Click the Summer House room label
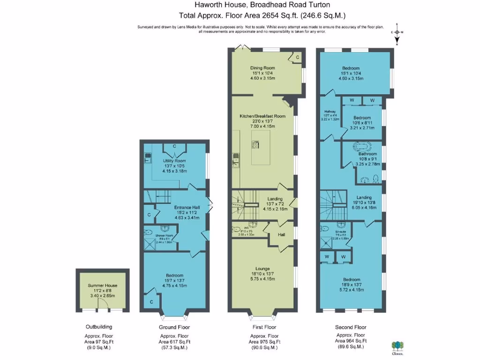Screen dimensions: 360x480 pyautogui.click(x=103, y=285)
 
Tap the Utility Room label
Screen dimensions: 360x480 pyautogui.click(x=174, y=160)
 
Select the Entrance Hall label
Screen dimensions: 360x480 pyautogui.click(x=174, y=207)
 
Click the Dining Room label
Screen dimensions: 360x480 pyautogui.click(x=262, y=68)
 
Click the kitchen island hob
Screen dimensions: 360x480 pyautogui.click(x=256, y=144)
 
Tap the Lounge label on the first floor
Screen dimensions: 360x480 pyautogui.click(x=262, y=269)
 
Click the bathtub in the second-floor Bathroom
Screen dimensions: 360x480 pyautogui.click(x=361, y=146)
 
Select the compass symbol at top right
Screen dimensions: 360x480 pyautogui.click(x=397, y=32)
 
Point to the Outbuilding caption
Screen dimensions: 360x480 pyautogui.click(x=99, y=327)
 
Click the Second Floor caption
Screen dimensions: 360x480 pyautogui.click(x=351, y=327)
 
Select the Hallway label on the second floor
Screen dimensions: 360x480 pyautogui.click(x=330, y=112)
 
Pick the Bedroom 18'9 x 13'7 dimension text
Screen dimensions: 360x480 pyautogui.click(x=351, y=285)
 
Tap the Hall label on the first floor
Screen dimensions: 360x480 pyautogui.click(x=282, y=234)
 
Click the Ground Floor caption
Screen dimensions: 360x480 pyautogui.click(x=174, y=327)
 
